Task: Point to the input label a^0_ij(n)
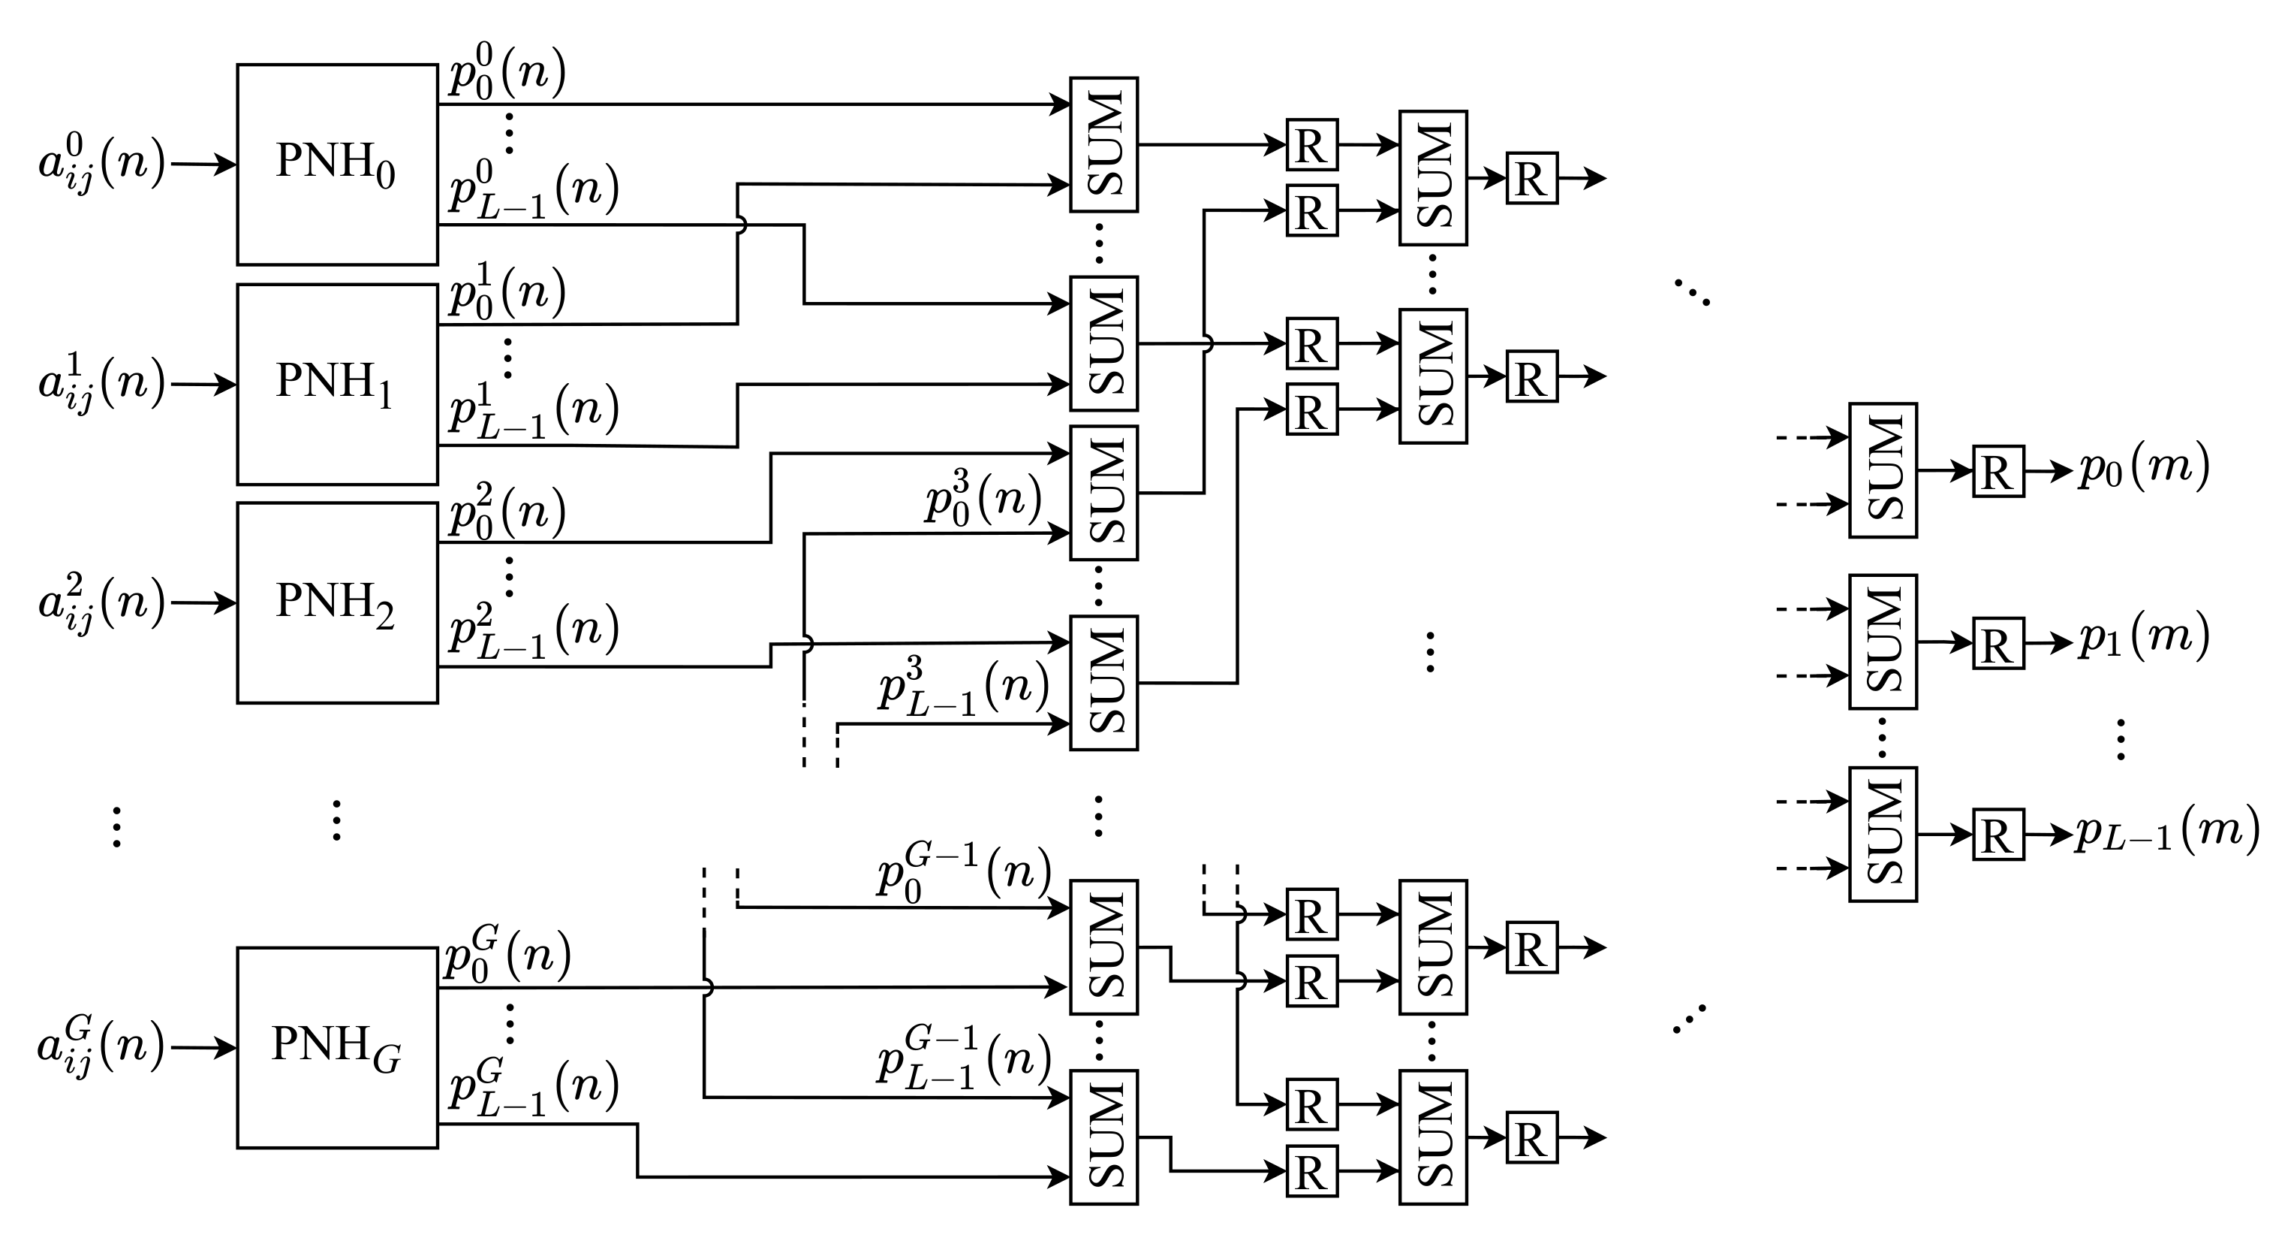[x=101, y=165]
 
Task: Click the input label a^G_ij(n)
[x=101, y=1049]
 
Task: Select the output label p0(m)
[x=2143, y=468]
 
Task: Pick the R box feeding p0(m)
[x=1998, y=471]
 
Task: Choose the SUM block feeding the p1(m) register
[x=1883, y=642]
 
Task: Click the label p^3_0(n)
[x=983, y=500]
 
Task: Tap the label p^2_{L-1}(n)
[x=533, y=631]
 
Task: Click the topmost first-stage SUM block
[x=1103, y=144]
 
